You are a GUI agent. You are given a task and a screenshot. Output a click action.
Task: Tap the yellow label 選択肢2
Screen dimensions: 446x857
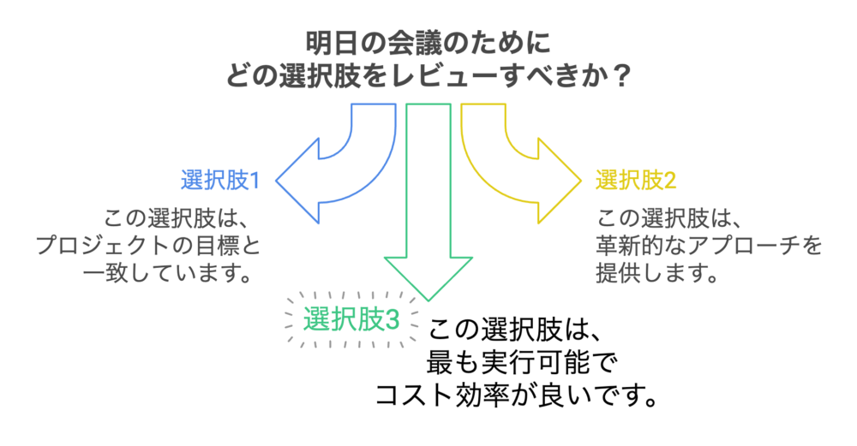636,181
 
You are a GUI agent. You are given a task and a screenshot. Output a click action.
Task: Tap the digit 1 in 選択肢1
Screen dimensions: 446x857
255,181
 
